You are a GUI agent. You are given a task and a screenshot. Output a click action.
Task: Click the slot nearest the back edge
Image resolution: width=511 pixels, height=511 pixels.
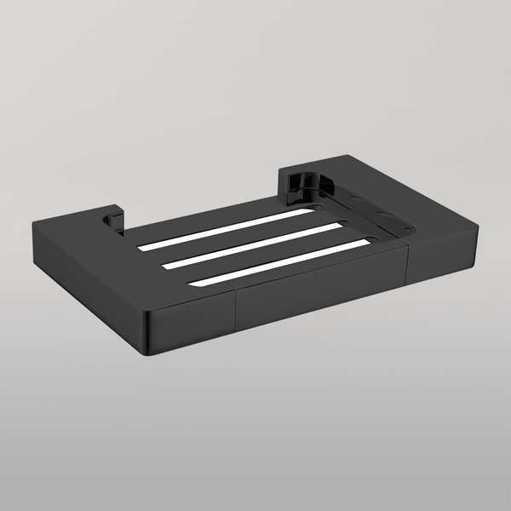click(226, 228)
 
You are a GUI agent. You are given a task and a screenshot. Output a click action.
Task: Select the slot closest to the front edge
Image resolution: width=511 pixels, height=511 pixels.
click(281, 262)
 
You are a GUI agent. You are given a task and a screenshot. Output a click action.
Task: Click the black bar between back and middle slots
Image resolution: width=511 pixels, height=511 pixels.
click(243, 236)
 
